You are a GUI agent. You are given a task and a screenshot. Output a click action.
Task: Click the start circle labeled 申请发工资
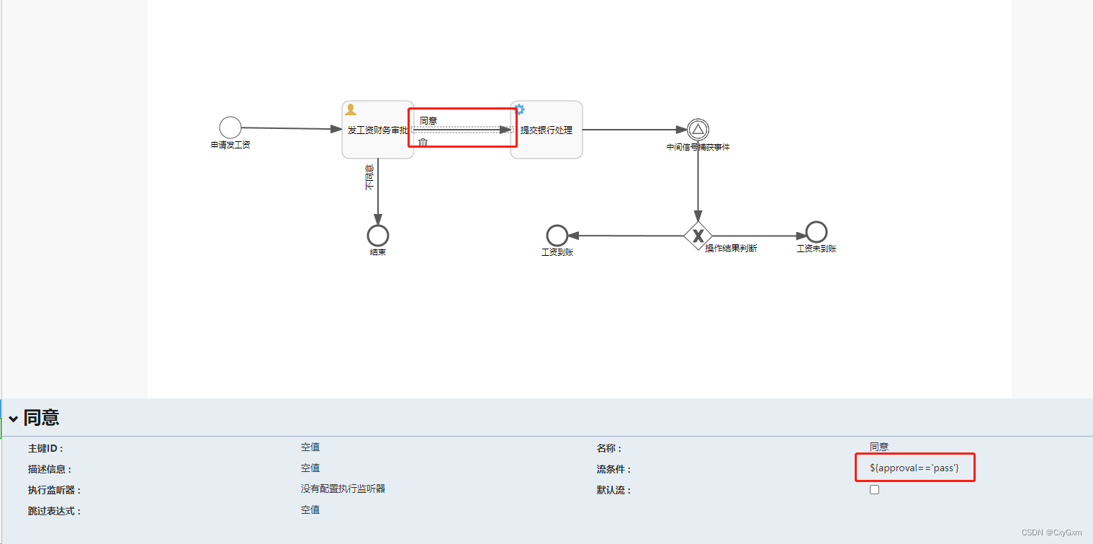[x=230, y=128]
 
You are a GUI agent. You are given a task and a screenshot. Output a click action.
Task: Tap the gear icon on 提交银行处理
[x=519, y=110]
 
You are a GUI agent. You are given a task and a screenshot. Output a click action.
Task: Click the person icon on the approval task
[x=351, y=110]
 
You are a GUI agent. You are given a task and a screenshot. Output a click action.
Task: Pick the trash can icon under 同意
[x=423, y=142]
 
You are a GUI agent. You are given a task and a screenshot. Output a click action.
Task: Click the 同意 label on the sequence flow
[x=428, y=120]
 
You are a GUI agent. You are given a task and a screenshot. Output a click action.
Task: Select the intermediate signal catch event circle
[x=698, y=130]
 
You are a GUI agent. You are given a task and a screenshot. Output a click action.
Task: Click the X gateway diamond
[x=698, y=236]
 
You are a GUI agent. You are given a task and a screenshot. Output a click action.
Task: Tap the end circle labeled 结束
[x=377, y=236]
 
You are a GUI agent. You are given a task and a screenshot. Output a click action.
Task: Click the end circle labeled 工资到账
[x=557, y=235]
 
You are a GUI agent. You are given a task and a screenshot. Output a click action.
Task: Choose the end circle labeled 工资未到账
[x=816, y=232]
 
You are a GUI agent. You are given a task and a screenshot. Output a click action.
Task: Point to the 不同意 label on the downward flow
[x=369, y=177]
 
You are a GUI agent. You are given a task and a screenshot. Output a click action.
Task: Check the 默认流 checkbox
[x=874, y=490]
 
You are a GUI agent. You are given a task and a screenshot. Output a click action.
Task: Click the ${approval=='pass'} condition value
[x=914, y=468]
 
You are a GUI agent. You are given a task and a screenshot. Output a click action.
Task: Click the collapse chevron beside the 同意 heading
[x=14, y=419]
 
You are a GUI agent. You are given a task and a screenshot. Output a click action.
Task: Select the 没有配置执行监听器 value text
[x=343, y=489]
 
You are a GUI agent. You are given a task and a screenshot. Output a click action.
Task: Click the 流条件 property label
[x=613, y=469]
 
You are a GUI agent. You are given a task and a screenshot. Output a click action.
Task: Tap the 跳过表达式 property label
[x=54, y=511]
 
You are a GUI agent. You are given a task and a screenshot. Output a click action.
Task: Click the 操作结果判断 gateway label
[x=731, y=249]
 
